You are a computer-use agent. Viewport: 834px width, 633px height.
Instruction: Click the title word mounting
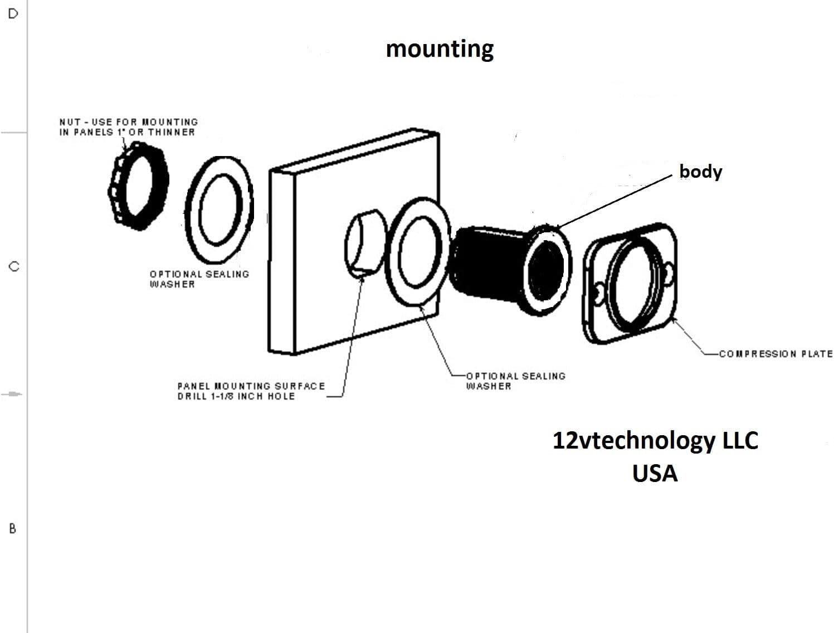coord(440,50)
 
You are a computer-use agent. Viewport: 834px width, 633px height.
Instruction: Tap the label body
coord(700,172)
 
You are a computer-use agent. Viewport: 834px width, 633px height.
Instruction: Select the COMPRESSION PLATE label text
coord(776,354)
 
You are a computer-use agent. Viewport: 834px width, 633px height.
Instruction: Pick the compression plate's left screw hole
coord(598,293)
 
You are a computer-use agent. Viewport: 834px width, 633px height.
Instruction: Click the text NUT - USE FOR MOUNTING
coord(129,122)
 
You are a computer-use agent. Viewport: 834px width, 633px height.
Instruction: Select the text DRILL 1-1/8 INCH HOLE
coord(236,396)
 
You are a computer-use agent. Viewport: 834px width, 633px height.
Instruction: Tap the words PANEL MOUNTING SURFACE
coord(251,386)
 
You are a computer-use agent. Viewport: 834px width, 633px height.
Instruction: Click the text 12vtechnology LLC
coord(655,441)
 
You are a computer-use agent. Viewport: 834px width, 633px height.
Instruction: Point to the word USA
coord(655,474)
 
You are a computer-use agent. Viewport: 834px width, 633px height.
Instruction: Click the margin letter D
coord(13,14)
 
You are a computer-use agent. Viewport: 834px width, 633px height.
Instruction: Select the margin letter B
coord(13,528)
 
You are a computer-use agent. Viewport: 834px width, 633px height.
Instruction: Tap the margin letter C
coord(14,266)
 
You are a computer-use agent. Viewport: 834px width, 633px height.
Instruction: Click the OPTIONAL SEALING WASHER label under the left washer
coord(199,279)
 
